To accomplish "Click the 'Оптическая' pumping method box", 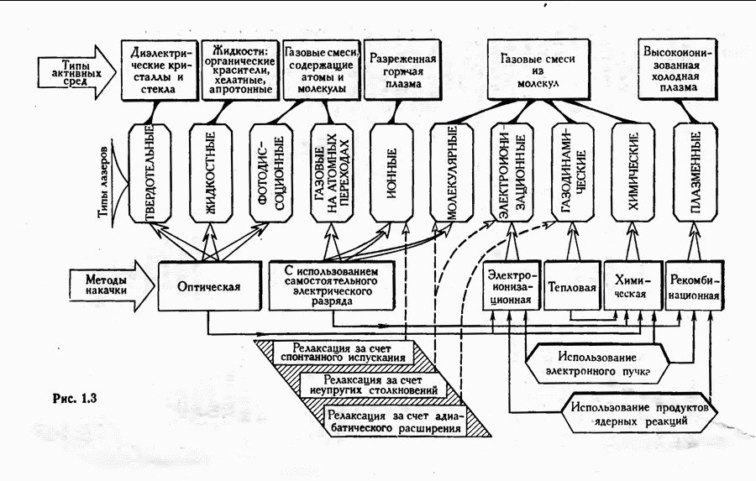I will [x=209, y=286].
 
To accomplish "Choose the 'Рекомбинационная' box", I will [x=695, y=287].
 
